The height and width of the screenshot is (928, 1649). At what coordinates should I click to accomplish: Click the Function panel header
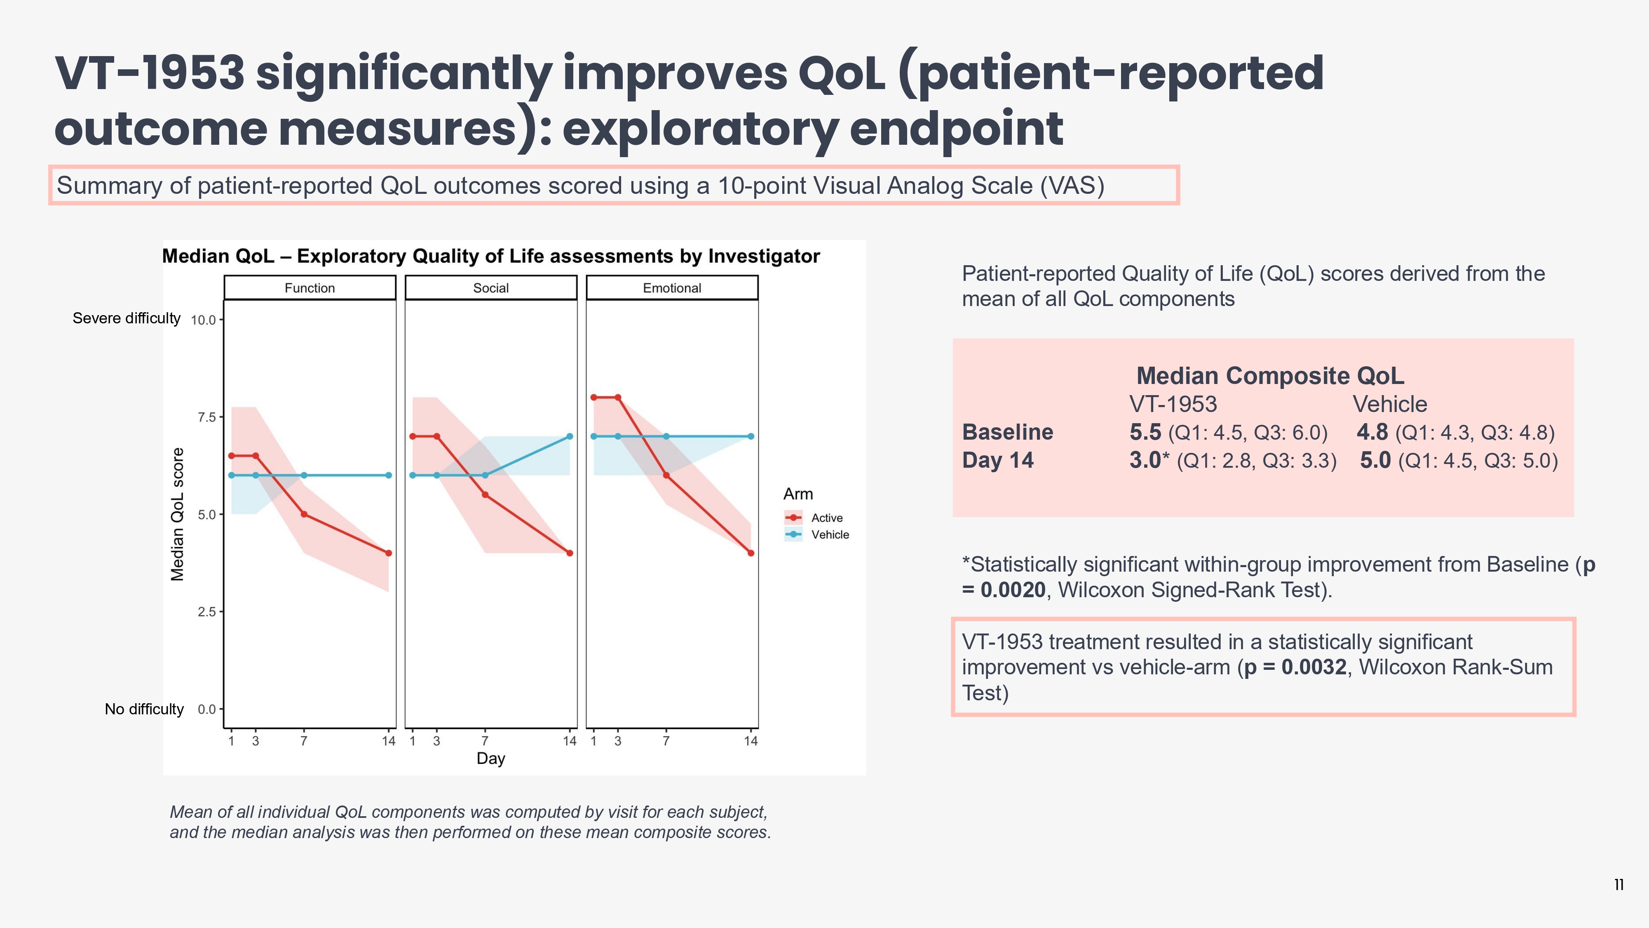(310, 288)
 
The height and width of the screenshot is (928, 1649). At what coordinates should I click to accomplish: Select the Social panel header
(491, 288)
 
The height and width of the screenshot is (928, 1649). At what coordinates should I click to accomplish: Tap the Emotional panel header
(672, 288)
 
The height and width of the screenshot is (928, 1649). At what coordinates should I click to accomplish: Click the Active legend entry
(826, 518)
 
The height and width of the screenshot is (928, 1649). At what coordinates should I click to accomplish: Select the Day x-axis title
(491, 758)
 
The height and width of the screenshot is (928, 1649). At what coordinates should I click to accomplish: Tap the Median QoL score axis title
(177, 514)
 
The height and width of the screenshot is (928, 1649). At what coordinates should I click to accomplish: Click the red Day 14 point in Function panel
(389, 553)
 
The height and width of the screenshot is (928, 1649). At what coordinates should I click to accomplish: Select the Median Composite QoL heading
(1270, 376)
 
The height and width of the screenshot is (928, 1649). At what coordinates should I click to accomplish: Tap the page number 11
(1619, 885)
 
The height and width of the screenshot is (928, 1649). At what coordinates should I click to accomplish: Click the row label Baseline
(1008, 432)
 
